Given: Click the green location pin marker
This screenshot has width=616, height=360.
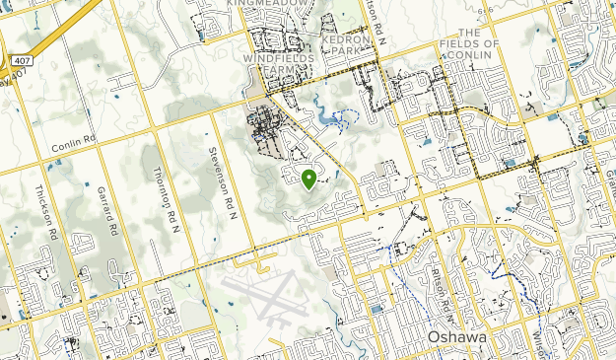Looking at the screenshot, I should click(x=308, y=179).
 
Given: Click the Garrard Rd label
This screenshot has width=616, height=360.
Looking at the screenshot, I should click(x=105, y=210).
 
